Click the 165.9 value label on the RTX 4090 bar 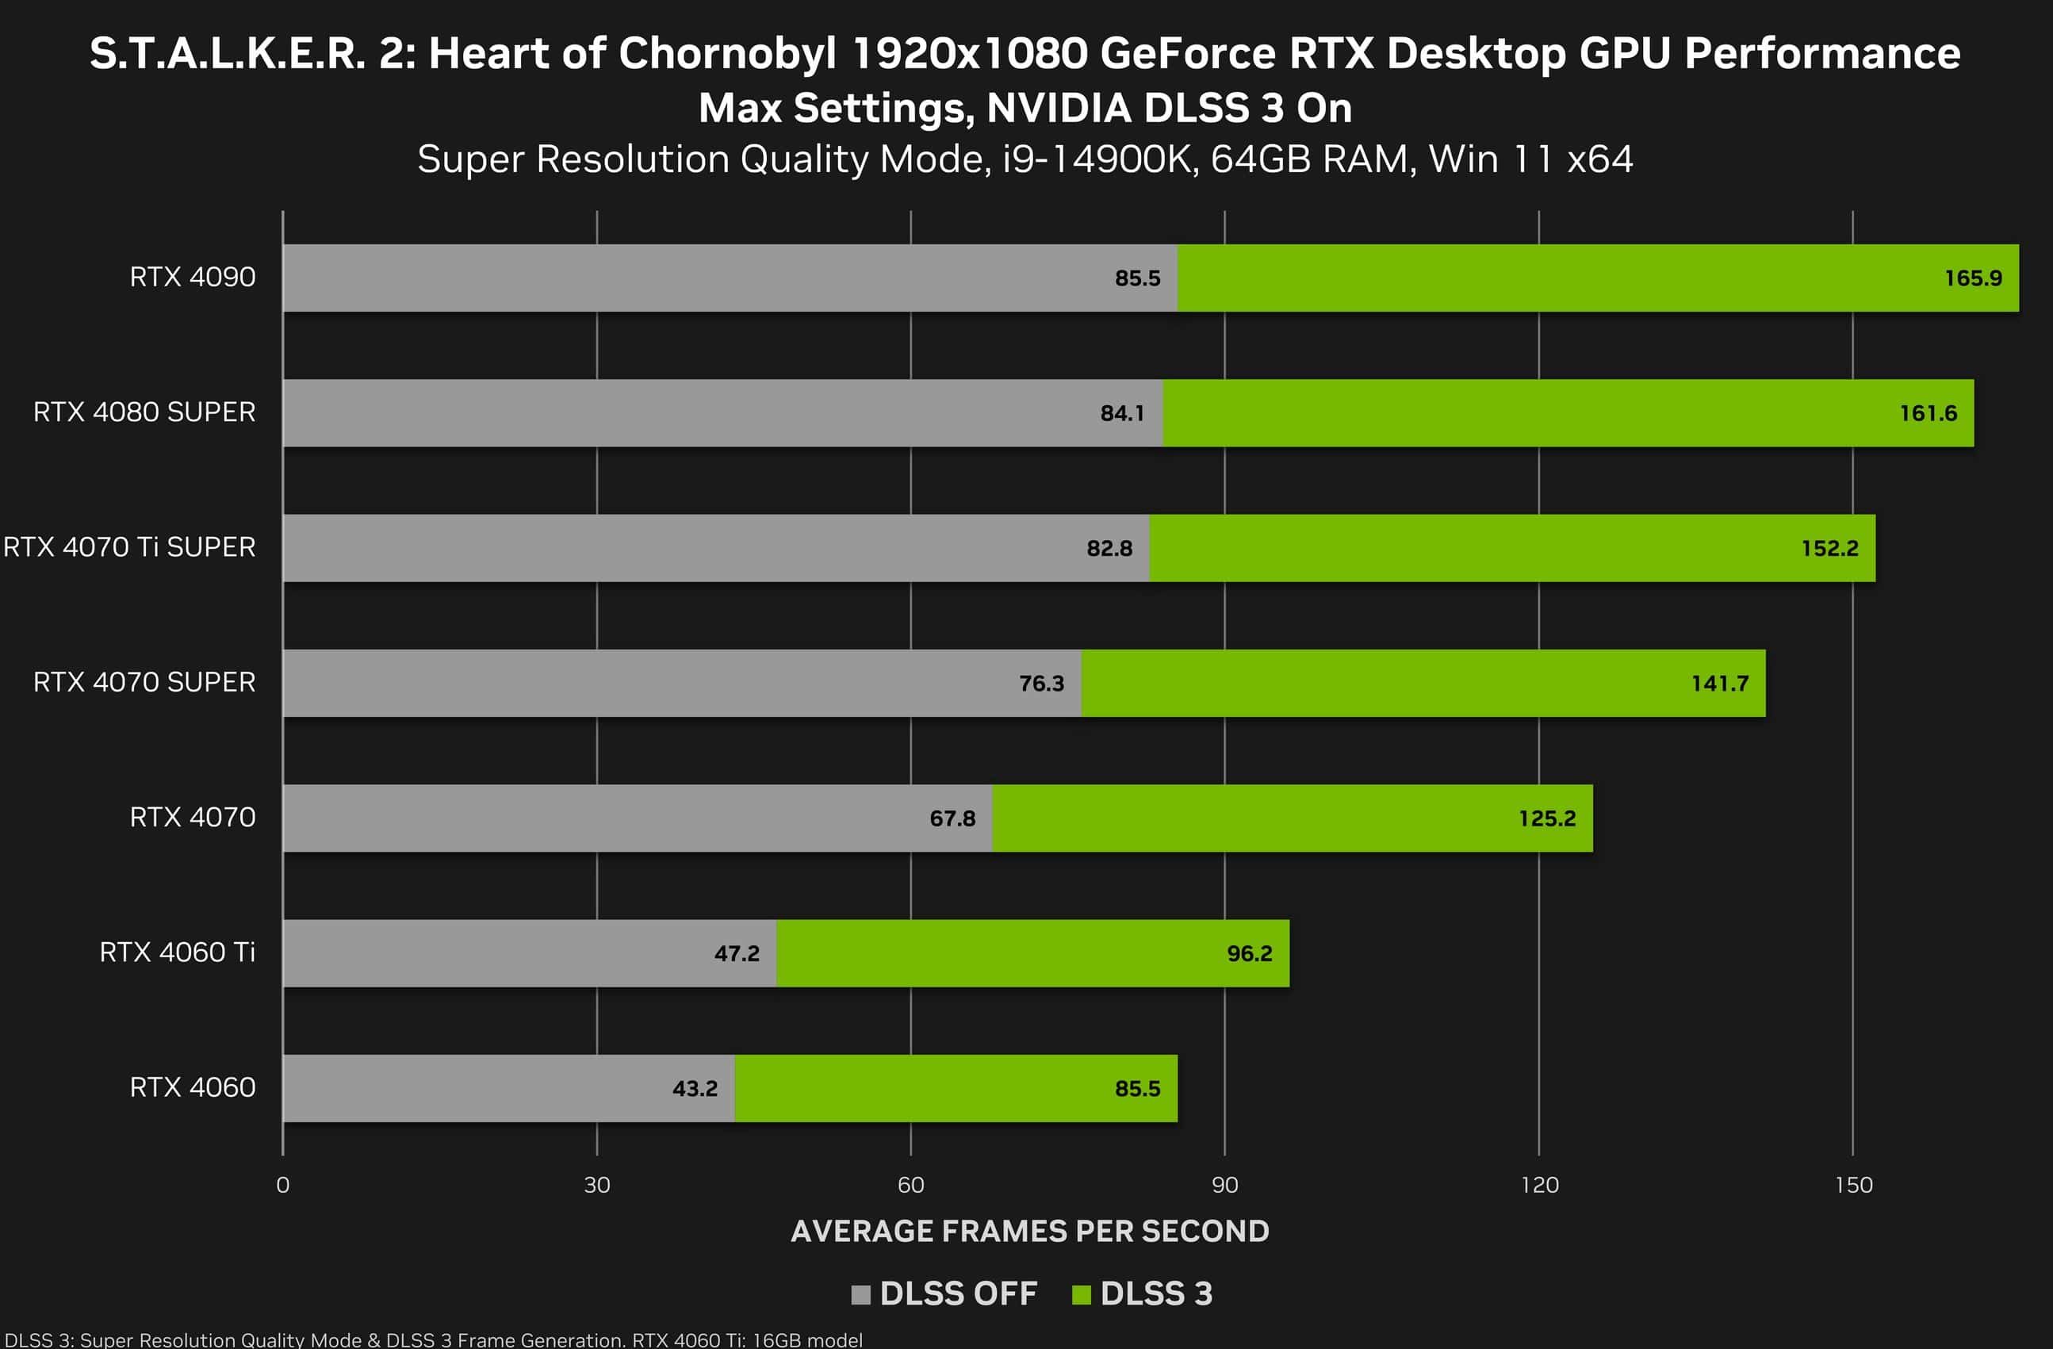pos(1973,278)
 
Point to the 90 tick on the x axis pos(1225,1185)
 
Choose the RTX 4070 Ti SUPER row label pos(129,547)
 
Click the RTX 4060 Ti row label pos(177,952)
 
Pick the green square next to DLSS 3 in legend pos(1081,1294)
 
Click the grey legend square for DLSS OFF pos(860,1294)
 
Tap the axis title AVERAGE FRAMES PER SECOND pos(1030,1231)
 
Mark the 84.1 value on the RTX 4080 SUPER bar pos(1121,413)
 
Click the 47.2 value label pos(737,953)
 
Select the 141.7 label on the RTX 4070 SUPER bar pos(1719,683)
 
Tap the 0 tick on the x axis pos(283,1185)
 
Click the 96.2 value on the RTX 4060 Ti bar pos(1249,953)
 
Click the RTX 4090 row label pos(193,277)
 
